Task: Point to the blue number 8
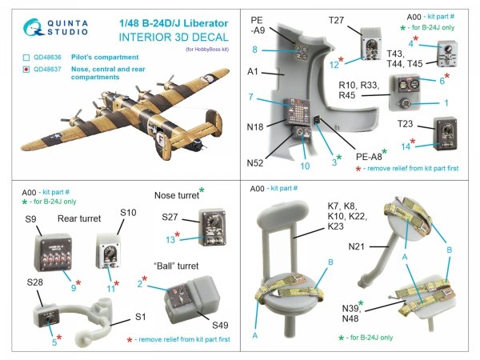(254, 50)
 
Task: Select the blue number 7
(252, 97)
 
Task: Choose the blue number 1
(446, 104)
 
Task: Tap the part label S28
(34, 282)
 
